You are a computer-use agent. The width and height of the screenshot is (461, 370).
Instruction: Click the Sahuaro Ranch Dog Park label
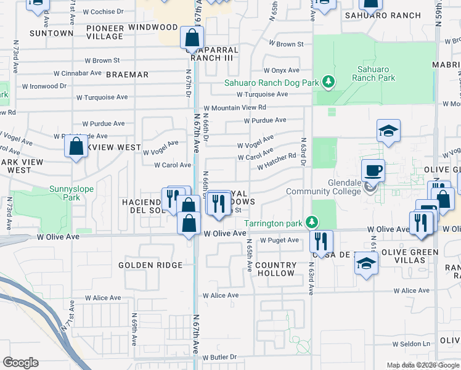coord(271,82)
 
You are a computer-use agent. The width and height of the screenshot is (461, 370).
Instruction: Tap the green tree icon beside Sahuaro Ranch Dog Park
coord(329,82)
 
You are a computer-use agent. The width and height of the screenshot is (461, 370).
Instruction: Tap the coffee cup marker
coord(374,170)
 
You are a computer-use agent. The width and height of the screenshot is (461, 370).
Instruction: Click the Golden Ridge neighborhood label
coord(150,265)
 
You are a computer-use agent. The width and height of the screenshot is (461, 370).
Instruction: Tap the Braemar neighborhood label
coord(128,75)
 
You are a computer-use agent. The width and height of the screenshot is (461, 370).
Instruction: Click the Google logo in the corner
coord(20,363)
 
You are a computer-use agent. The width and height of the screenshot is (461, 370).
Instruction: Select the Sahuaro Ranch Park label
coord(373,74)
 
